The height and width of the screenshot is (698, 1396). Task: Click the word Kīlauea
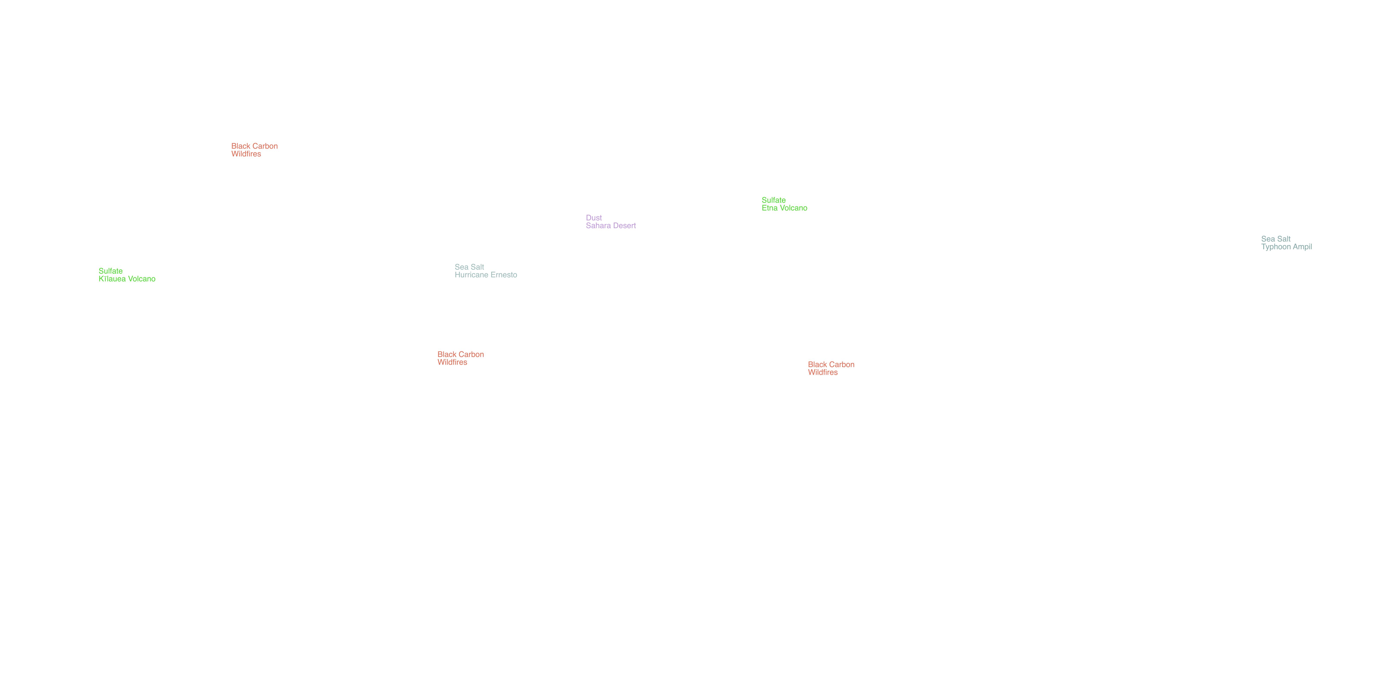point(112,279)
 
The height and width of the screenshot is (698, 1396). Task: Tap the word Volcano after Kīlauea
point(142,279)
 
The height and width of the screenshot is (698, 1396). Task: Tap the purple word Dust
point(594,218)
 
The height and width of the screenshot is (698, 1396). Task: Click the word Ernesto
point(504,275)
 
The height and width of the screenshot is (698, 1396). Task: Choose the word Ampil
point(1302,247)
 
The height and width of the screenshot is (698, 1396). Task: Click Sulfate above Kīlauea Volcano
point(111,271)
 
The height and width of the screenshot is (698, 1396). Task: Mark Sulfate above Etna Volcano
point(774,200)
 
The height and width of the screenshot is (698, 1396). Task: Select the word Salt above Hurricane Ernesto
point(477,267)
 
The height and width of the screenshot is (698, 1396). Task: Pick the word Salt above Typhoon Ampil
point(1284,239)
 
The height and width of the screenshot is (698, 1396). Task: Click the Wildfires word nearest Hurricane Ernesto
point(452,363)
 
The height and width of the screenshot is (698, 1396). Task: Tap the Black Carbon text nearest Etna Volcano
point(831,365)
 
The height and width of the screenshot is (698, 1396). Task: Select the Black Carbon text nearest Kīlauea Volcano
point(255,146)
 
